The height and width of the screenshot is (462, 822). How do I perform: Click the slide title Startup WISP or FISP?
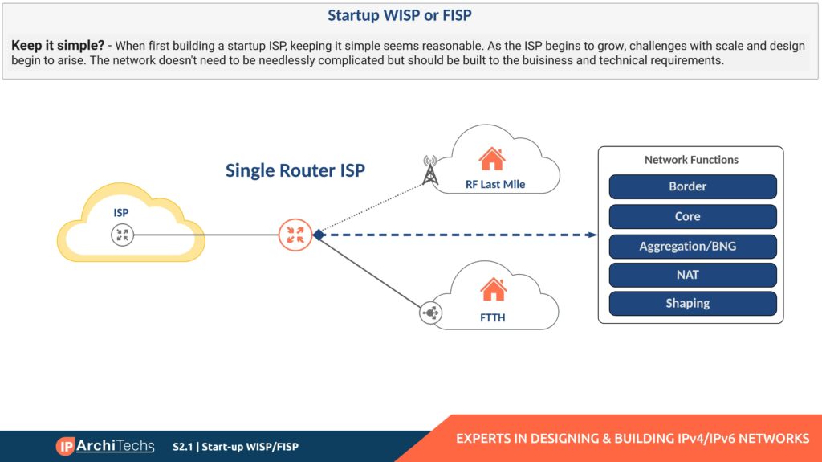click(x=411, y=15)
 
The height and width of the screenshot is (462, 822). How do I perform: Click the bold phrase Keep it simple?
click(x=57, y=46)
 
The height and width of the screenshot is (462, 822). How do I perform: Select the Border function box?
click(x=693, y=186)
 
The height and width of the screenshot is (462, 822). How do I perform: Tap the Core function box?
click(x=693, y=216)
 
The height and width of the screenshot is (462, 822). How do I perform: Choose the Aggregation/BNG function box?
click(x=693, y=246)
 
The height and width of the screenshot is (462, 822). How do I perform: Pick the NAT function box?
click(x=693, y=275)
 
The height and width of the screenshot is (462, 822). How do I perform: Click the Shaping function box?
click(x=693, y=304)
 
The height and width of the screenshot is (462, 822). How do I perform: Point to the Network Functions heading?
click(x=691, y=160)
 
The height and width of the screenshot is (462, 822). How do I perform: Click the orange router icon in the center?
click(x=295, y=235)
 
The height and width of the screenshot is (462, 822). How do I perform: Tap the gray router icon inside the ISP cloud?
click(x=122, y=235)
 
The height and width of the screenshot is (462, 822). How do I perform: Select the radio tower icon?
click(x=429, y=170)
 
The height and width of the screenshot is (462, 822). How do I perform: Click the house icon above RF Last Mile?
click(x=492, y=158)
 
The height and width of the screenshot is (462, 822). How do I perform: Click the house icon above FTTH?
click(x=493, y=289)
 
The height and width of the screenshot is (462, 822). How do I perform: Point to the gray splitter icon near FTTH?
click(x=430, y=313)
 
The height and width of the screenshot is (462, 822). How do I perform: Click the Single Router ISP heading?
click(x=295, y=170)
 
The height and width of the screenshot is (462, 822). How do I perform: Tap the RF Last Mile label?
click(x=495, y=185)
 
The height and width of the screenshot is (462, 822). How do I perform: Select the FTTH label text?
click(x=493, y=317)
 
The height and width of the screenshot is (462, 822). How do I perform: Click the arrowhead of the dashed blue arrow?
click(x=593, y=235)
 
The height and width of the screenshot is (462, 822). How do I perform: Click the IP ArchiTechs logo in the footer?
click(x=104, y=446)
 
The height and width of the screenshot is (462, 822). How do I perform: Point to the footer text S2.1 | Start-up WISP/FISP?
click(x=235, y=447)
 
